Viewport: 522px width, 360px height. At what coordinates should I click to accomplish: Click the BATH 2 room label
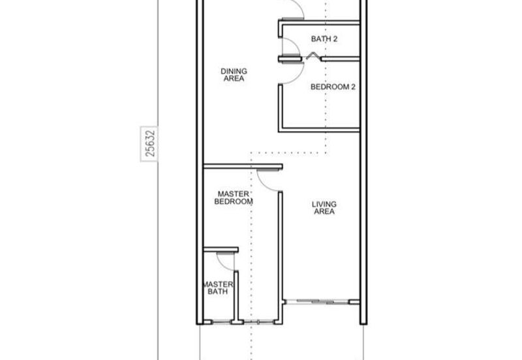pyautogui.click(x=324, y=39)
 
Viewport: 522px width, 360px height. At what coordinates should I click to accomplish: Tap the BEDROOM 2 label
pyautogui.click(x=333, y=87)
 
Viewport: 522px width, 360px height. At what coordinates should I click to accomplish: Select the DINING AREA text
pyautogui.click(x=234, y=75)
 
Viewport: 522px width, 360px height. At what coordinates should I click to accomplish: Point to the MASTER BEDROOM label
pyautogui.click(x=234, y=198)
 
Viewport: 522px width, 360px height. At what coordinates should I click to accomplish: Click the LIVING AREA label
pyautogui.click(x=324, y=208)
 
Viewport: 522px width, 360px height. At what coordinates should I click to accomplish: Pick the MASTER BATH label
pyautogui.click(x=218, y=288)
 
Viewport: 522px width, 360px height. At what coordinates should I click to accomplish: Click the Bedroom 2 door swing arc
pyautogui.click(x=299, y=77)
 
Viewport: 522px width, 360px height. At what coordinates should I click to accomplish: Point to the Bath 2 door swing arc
pyautogui.click(x=298, y=43)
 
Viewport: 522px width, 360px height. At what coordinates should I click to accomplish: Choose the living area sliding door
pyautogui.click(x=318, y=302)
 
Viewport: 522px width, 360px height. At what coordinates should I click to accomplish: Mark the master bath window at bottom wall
pyautogui.click(x=221, y=322)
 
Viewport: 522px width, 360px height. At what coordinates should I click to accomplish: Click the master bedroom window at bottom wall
pyautogui.click(x=258, y=322)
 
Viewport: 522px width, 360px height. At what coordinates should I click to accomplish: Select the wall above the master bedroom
pyautogui.click(x=243, y=166)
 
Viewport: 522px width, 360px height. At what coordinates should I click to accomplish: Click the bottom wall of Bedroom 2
pyautogui.click(x=319, y=130)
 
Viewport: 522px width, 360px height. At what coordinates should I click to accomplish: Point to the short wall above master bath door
pyautogui.click(x=221, y=250)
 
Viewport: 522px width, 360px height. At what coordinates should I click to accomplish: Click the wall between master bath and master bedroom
pyautogui.click(x=236, y=296)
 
